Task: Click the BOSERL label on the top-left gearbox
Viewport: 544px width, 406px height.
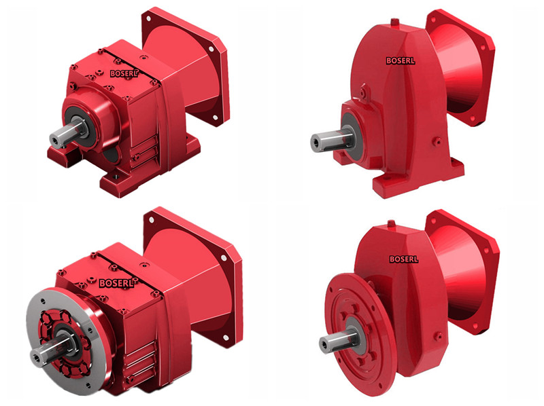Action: (124, 73)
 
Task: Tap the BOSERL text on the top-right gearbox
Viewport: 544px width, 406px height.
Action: (401, 60)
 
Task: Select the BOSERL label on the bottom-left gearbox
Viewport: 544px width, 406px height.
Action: (116, 283)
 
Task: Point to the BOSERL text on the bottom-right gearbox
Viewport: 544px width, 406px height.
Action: (404, 259)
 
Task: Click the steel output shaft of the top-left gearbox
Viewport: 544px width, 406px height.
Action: (67, 133)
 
